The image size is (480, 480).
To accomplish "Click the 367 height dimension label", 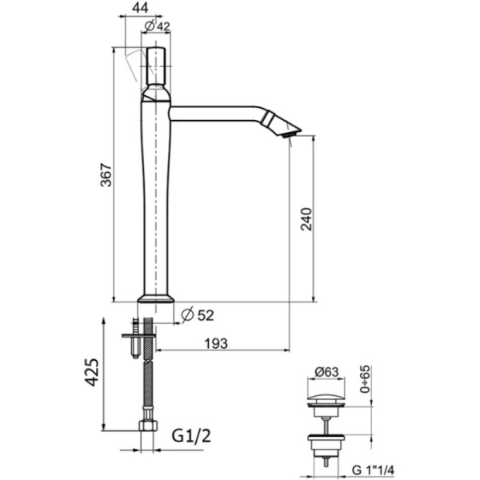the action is [x=106, y=174].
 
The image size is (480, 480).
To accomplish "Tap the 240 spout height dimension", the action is [x=306, y=219].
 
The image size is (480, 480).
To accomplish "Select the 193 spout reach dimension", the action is [x=216, y=343].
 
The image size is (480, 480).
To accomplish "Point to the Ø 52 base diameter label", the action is [x=198, y=314].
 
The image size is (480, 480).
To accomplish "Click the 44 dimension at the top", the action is [x=140, y=8].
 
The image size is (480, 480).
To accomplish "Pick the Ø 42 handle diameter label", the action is [x=157, y=26].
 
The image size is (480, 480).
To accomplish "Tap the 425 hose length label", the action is [x=92, y=372].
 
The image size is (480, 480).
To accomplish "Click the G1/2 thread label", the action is [x=191, y=436].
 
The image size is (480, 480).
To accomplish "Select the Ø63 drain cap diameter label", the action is [x=326, y=372].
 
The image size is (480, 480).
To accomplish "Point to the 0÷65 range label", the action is [x=366, y=379].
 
